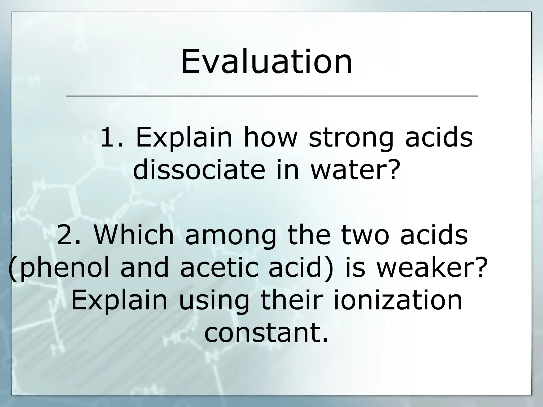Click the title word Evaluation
tap(266, 61)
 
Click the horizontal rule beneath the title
tap(272, 96)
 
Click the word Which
tap(134, 235)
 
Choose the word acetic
tap(219, 268)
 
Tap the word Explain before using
tap(119, 301)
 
